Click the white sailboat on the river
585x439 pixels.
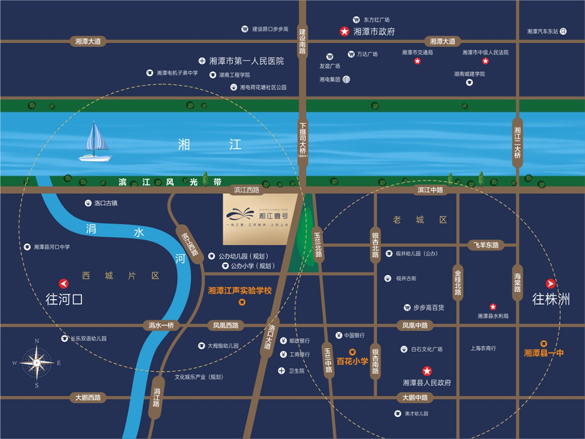pos(95,143)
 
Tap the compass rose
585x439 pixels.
pos(36,363)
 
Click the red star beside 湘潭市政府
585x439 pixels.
pos(345,32)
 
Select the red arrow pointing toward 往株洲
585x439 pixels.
pos(550,284)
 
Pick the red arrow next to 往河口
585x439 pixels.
pos(64,284)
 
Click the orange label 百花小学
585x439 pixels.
pos(352,361)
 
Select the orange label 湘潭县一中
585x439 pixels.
pos(543,353)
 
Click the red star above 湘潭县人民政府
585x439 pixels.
pos(427,371)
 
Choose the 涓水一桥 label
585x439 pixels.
pos(161,325)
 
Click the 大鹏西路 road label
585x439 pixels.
pos(88,397)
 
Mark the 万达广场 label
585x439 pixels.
pos(367,54)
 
